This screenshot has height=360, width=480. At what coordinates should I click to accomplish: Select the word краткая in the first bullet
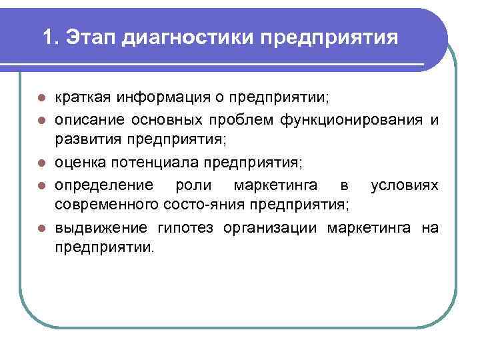click(83, 98)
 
